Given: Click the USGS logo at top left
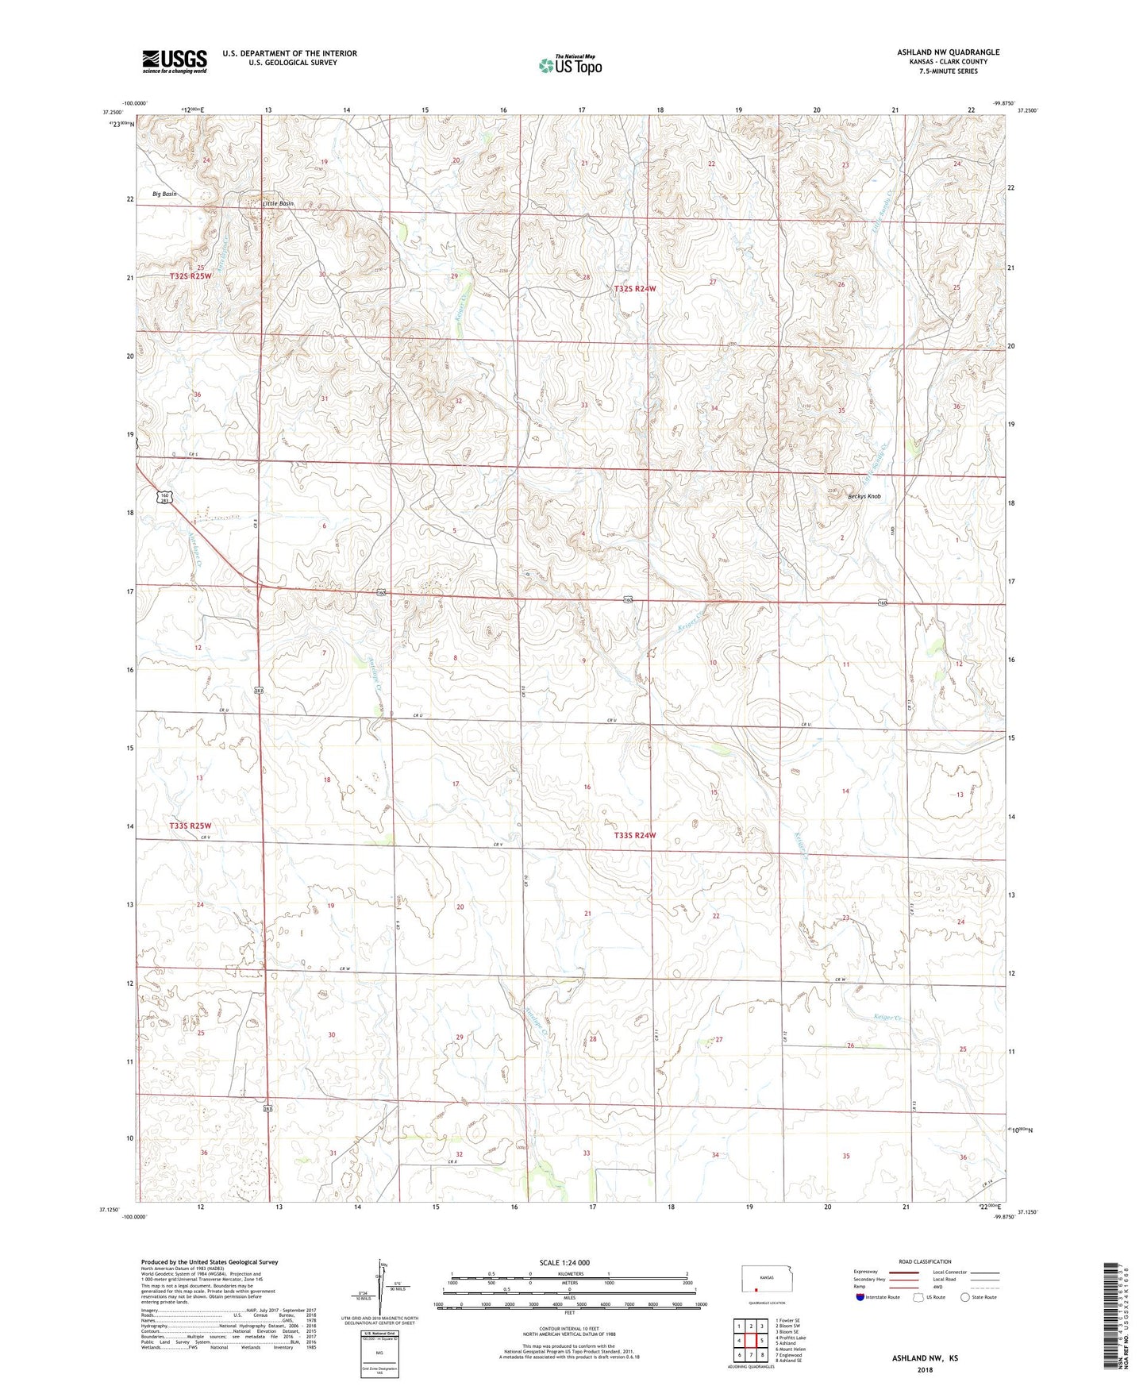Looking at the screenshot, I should click(x=175, y=61).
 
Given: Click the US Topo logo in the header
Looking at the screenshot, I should click(x=570, y=65).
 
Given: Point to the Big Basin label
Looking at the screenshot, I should click(x=164, y=194).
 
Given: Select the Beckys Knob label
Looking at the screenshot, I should click(x=864, y=497).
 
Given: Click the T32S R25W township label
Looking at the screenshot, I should click(x=191, y=276).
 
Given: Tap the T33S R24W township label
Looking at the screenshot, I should click(x=635, y=835).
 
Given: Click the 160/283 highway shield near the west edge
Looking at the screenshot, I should click(x=162, y=498).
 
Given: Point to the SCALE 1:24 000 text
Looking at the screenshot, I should click(x=564, y=1263).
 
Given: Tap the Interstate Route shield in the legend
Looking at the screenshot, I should click(x=861, y=1297).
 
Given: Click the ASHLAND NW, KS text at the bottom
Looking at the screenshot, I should click(x=925, y=1358).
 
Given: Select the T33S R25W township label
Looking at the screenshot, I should click(x=191, y=826).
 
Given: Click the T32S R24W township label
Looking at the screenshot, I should click(x=635, y=289).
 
